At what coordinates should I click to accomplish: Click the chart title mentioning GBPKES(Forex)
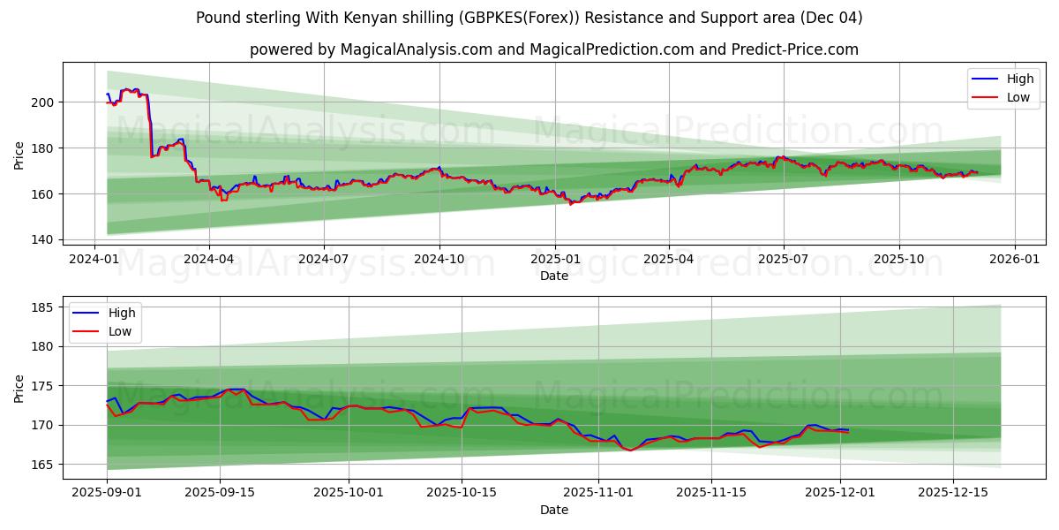(x=529, y=18)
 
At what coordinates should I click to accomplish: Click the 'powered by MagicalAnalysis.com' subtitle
(x=553, y=49)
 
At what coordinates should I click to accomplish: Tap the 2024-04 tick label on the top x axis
(x=209, y=259)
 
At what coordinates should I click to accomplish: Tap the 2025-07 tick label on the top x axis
(x=784, y=259)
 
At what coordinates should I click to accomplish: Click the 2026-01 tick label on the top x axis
(x=1014, y=259)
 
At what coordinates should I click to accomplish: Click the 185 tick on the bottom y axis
(x=43, y=307)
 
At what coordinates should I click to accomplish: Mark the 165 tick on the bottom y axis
(x=43, y=465)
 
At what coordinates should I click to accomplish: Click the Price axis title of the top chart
(x=19, y=155)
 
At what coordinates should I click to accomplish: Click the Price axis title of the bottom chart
(x=19, y=388)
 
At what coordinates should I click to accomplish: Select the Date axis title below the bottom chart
(x=554, y=510)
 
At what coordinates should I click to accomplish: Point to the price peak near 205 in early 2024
(x=127, y=89)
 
